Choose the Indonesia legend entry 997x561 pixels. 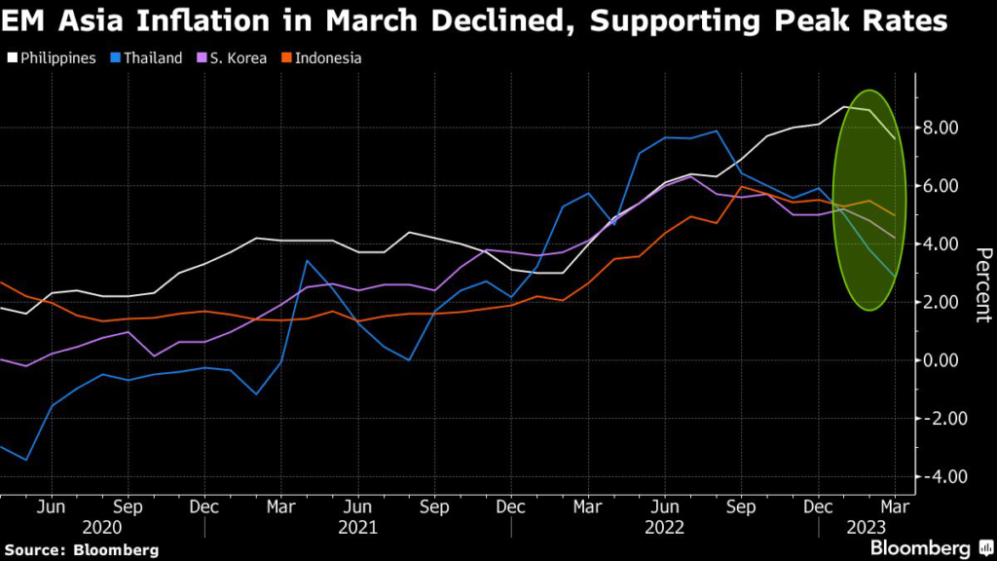[323, 58]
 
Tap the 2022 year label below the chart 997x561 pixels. [665, 527]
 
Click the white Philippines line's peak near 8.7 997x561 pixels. [844, 107]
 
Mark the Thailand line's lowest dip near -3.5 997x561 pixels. [26, 460]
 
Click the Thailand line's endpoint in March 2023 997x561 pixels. [895, 277]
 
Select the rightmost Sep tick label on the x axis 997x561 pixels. [741, 506]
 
